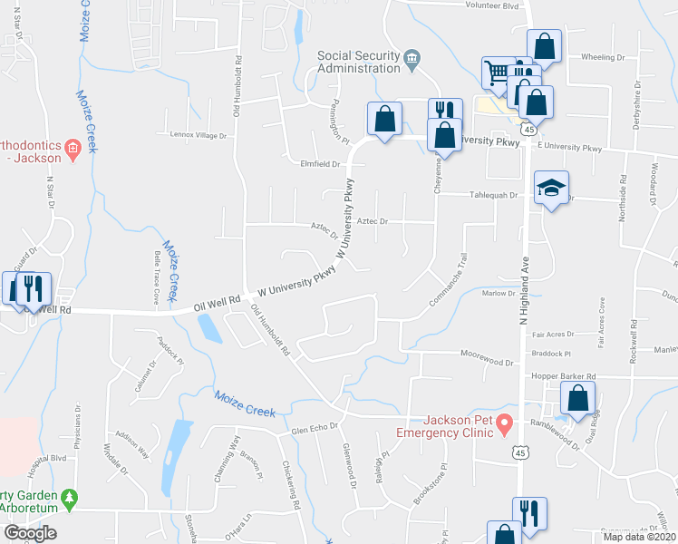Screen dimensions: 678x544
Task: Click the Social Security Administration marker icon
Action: [x=412, y=58]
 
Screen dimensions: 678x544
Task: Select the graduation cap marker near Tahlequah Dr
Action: [x=551, y=189]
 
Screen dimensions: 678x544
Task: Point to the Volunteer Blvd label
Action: [x=491, y=5]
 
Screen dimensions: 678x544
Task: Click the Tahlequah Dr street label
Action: [x=493, y=195]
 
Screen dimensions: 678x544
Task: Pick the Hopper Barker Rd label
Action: [x=564, y=376]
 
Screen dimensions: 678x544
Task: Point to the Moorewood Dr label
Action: [x=487, y=362]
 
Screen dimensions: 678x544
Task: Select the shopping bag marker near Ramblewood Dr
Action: [x=577, y=399]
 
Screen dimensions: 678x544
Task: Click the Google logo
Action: [x=30, y=533]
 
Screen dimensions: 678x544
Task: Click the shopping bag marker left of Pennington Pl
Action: [x=384, y=120]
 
